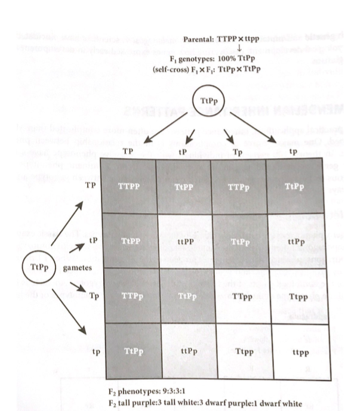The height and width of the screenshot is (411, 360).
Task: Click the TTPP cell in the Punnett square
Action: (x=130, y=186)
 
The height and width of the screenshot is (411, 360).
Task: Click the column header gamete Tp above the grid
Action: (x=238, y=152)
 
